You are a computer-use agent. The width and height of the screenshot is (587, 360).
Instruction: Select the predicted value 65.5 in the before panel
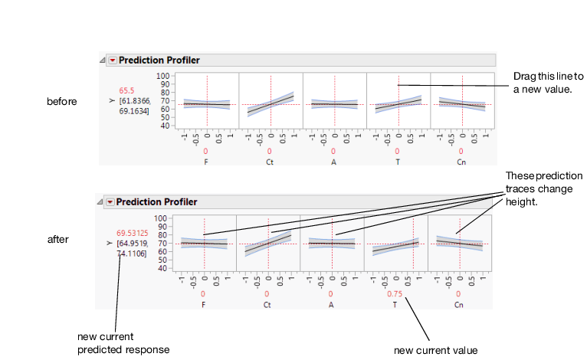tap(126, 90)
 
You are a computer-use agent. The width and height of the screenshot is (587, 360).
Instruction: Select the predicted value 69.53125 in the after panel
tap(131, 232)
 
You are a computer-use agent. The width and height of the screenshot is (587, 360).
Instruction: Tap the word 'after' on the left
tap(58, 239)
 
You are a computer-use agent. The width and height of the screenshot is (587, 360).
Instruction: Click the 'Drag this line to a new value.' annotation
tap(548, 83)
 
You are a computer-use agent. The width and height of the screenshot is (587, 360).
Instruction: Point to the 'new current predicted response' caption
tap(123, 343)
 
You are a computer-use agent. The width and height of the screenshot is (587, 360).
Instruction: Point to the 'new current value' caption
tap(435, 350)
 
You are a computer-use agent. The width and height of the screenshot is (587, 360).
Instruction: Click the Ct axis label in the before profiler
tap(270, 162)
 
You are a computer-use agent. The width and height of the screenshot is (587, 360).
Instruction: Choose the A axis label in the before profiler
tap(334, 162)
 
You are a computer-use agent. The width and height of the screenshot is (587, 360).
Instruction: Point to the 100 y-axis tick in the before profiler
tap(163, 76)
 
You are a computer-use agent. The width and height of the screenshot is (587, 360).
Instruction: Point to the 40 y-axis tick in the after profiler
tap(162, 268)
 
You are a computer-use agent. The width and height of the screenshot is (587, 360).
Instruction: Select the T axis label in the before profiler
tap(398, 162)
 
